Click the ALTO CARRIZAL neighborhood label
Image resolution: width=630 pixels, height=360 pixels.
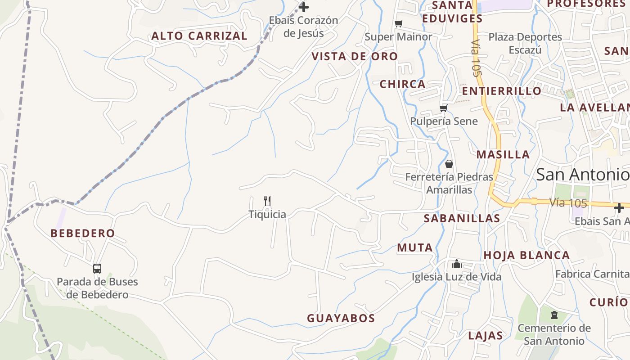(199, 36)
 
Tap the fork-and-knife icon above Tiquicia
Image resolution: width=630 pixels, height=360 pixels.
(267, 201)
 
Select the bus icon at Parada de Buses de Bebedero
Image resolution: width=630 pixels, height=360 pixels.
(97, 269)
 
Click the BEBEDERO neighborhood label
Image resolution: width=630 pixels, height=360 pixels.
(83, 233)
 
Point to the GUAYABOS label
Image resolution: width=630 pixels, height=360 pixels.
(341, 318)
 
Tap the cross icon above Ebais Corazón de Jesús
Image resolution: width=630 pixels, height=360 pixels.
(304, 7)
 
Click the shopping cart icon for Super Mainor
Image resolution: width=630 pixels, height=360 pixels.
(398, 23)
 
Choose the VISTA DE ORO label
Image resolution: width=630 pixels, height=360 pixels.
(355, 56)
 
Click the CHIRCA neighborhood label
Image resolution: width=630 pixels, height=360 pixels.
(402, 84)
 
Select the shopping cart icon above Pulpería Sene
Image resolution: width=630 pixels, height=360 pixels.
(443, 108)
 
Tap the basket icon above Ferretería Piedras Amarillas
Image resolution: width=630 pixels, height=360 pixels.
(449, 164)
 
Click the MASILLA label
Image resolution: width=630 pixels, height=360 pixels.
(503, 154)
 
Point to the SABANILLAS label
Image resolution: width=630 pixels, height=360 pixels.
(462, 218)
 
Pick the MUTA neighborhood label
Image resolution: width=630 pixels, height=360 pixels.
(415, 247)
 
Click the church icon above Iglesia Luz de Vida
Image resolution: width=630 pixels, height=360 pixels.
(457, 264)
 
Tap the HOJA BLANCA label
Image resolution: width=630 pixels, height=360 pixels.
(526, 255)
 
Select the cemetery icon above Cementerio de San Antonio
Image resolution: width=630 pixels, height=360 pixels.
(554, 315)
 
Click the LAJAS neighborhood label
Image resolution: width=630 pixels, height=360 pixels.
(486, 335)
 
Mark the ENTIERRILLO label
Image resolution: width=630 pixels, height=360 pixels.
(502, 91)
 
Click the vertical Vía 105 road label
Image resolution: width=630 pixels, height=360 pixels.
(476, 58)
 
